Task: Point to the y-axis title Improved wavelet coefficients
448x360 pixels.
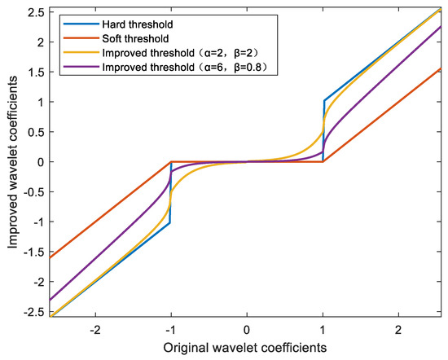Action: tap(11, 163)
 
